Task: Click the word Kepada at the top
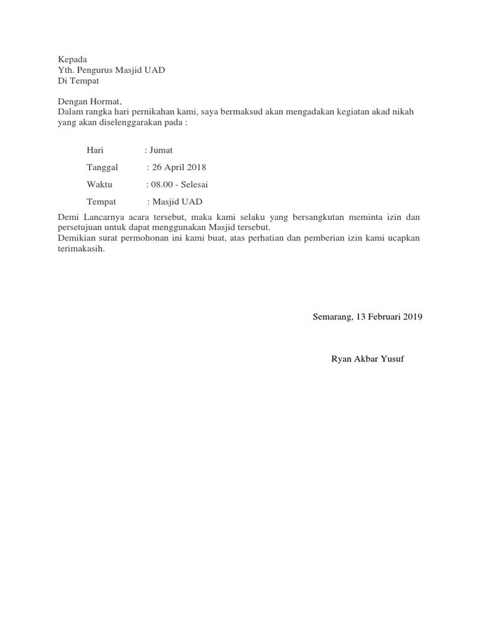click(72, 59)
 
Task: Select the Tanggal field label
click(103, 168)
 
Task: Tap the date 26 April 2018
click(179, 168)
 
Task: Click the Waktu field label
click(100, 184)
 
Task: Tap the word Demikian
click(77, 237)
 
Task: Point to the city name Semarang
click(332, 317)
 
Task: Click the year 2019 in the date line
click(412, 317)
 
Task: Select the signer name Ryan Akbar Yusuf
click(368, 359)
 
